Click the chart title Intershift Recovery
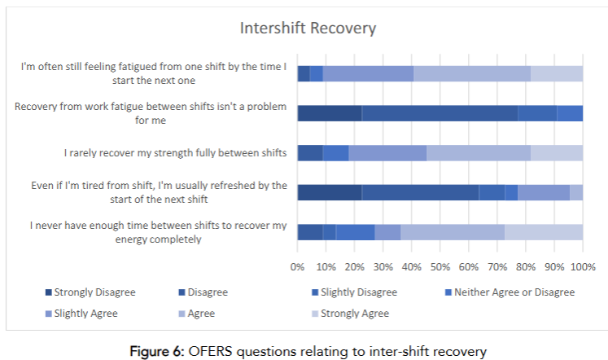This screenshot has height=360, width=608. [308, 29]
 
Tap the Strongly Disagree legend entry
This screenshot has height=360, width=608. [90, 292]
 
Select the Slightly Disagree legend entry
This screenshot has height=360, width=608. [358, 292]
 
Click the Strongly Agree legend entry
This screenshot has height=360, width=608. [354, 313]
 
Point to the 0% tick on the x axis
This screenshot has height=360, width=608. [297, 266]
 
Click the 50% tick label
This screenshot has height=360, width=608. [440, 266]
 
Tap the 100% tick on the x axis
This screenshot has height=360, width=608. [582, 266]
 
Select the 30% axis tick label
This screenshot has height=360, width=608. [383, 266]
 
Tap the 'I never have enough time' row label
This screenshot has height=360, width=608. [159, 232]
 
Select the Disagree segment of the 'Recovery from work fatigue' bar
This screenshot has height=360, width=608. [440, 113]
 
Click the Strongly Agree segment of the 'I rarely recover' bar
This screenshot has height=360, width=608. [556, 153]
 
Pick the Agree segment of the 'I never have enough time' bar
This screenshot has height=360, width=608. [453, 232]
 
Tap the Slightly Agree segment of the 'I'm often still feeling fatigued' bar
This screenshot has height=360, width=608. [368, 73]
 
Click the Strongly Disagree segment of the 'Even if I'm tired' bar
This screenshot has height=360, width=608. [329, 192]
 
